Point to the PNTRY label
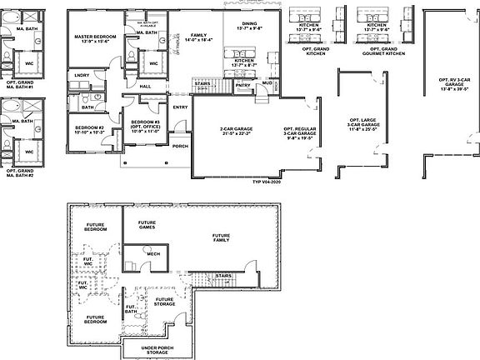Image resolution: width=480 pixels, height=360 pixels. point(243,84)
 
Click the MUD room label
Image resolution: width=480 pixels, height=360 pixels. point(267,83)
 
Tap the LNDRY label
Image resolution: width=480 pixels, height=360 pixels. point(82,75)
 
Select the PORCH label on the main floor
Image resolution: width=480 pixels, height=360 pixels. point(180,146)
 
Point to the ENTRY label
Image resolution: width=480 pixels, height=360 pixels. point(180,107)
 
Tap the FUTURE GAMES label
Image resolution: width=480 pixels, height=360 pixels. point(147,226)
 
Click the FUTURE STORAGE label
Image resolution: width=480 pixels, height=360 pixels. point(164,301)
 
